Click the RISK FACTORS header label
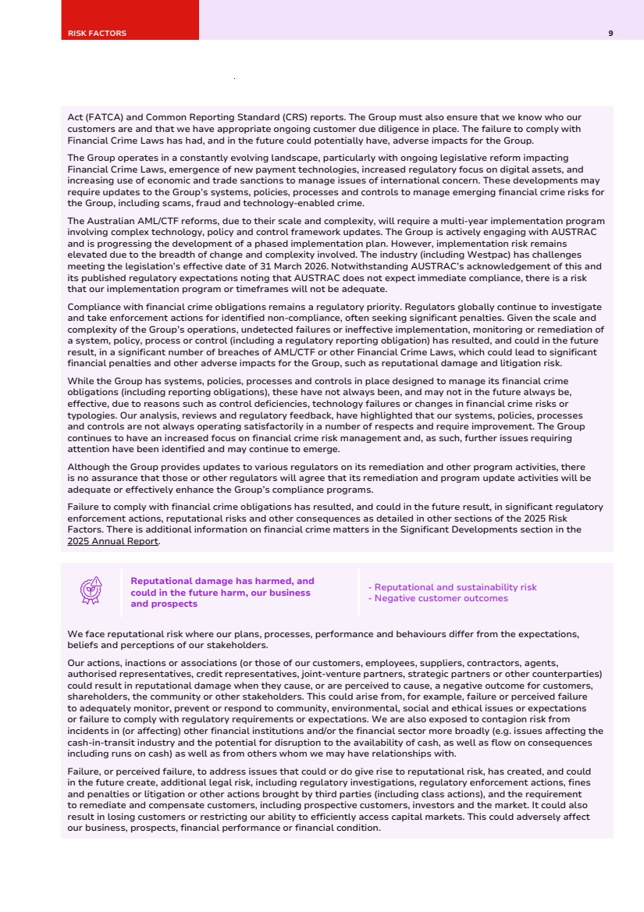pos(97,34)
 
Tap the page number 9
pos(610,34)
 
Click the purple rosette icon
pos(92,591)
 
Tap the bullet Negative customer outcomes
pos(439,598)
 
